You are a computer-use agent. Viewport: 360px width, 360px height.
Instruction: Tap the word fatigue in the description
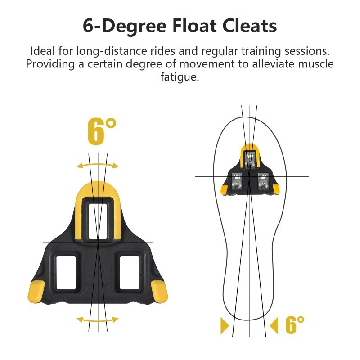(x=180, y=77)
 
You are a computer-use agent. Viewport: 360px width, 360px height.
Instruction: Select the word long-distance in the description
(x=112, y=51)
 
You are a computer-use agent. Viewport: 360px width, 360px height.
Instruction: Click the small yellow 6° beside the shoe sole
(x=295, y=324)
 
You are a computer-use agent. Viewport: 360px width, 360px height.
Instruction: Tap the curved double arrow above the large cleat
(x=98, y=165)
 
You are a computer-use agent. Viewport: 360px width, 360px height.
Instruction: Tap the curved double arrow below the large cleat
(x=98, y=320)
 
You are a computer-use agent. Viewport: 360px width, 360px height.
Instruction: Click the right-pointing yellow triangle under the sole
(x=225, y=325)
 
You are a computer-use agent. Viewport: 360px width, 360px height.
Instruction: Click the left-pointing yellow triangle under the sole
(x=274, y=325)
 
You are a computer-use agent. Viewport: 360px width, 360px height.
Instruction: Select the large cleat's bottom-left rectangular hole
(x=66, y=273)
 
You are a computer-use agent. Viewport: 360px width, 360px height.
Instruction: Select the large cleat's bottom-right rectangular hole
(x=130, y=273)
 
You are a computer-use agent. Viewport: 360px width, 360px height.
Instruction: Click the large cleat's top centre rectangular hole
(x=98, y=221)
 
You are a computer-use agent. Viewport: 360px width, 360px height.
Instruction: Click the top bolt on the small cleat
(x=250, y=160)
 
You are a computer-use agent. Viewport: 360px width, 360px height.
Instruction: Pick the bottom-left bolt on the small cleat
(x=237, y=182)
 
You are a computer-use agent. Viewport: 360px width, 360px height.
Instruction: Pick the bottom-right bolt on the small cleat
(x=263, y=182)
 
